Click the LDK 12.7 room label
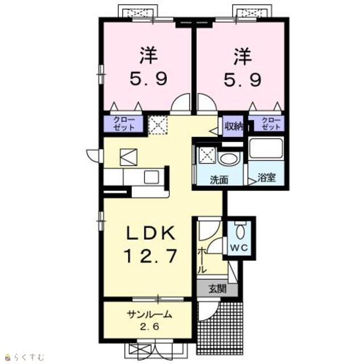[x=150, y=245]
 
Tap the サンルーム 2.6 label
[x=149, y=321]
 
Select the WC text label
[x=239, y=248]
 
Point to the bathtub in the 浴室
[x=266, y=148]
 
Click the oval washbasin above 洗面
[x=229, y=159]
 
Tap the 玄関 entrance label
[x=217, y=289]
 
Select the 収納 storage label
[x=233, y=126]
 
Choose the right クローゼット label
[x=271, y=123]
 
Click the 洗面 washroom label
[x=219, y=180]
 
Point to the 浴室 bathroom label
[x=267, y=178]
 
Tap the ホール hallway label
[x=202, y=260]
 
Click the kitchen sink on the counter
[x=151, y=177]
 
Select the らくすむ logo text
[x=29, y=357]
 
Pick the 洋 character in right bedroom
[x=243, y=56]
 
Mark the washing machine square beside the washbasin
[x=207, y=155]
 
